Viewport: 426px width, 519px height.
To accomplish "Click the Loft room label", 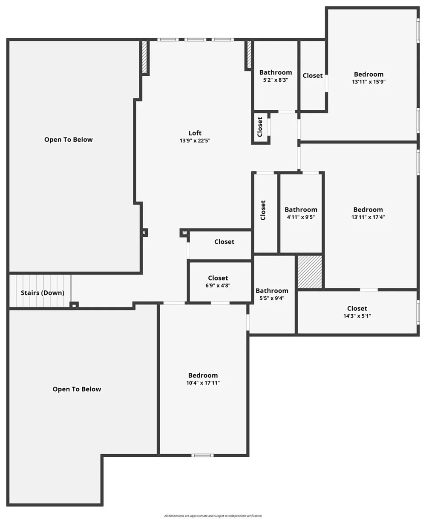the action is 195,133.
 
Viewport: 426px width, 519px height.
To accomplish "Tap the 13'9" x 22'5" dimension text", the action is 195,141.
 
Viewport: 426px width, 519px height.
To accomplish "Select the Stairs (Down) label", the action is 43,293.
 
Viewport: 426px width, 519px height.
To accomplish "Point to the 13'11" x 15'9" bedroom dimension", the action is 368,82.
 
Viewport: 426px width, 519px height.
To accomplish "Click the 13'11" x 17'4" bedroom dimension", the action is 368,217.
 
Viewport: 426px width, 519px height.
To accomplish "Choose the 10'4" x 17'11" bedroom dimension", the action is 203,383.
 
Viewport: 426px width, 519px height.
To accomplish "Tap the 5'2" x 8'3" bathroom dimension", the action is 276,80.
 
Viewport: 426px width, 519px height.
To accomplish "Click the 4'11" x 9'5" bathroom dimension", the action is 301,217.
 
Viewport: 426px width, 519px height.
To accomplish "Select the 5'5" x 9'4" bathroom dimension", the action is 272,298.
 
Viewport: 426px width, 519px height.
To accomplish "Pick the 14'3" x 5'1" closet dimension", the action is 357,316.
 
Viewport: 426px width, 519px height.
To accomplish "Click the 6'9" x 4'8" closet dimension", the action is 218,285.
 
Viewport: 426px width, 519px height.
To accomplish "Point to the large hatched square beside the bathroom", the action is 310,272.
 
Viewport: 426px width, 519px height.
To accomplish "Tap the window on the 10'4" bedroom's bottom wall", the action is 202,456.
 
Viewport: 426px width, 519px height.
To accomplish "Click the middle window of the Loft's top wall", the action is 195,40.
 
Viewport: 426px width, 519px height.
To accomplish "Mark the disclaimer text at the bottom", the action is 213,514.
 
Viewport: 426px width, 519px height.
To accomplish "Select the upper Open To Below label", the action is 69,140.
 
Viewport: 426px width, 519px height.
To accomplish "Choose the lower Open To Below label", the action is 77,389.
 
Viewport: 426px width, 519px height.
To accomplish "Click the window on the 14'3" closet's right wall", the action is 418,312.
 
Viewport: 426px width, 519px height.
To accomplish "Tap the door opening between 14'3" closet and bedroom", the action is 368,290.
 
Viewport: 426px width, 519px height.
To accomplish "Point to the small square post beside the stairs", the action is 74,305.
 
